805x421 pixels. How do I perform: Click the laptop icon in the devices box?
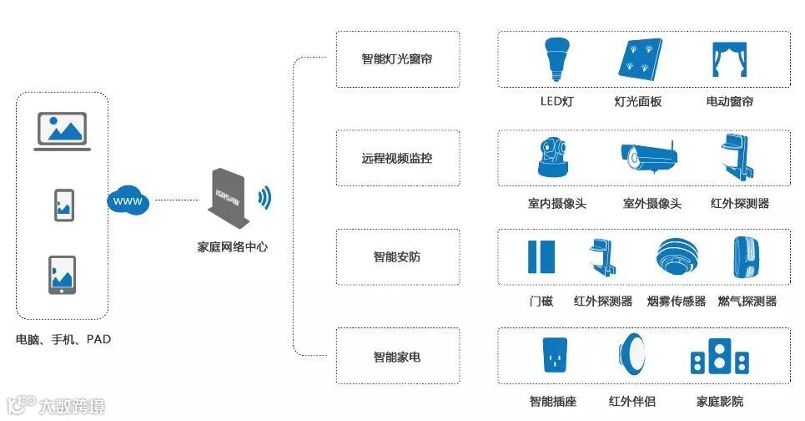click(x=63, y=131)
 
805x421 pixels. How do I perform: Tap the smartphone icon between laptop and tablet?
click(x=63, y=205)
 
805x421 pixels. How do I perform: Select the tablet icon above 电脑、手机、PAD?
click(x=63, y=276)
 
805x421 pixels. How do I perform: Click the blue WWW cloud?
click(x=127, y=201)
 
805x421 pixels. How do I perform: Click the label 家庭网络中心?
click(x=233, y=247)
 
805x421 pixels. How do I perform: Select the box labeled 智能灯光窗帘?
click(x=397, y=59)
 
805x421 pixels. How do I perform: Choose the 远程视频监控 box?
click(x=397, y=158)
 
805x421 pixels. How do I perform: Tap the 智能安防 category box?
click(x=397, y=256)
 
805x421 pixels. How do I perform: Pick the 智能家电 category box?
click(x=397, y=357)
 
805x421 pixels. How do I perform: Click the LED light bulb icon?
click(x=556, y=58)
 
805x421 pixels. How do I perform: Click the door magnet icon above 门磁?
click(x=541, y=257)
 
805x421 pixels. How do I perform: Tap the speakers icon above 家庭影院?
click(x=720, y=358)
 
